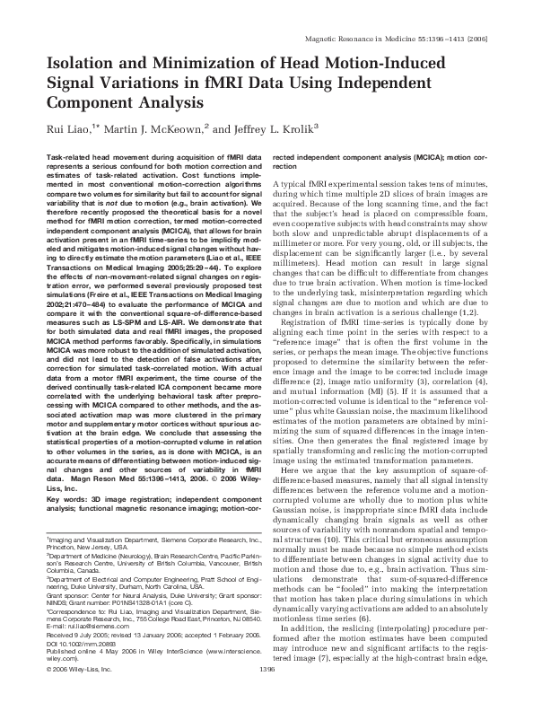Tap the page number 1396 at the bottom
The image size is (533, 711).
click(x=266, y=695)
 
